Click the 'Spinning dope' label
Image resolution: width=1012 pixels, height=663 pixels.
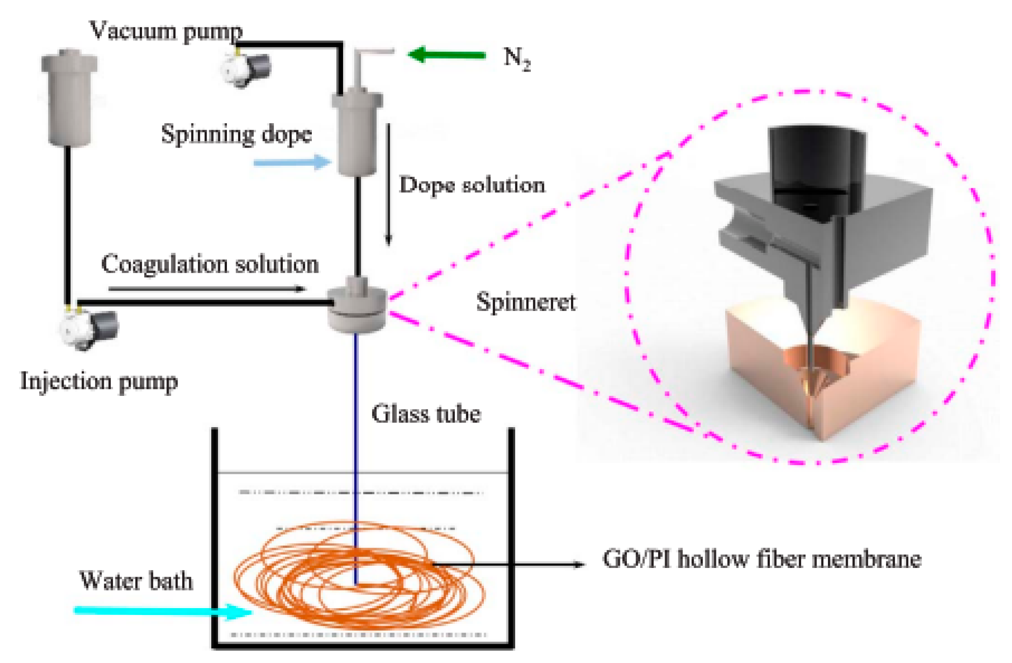click(x=236, y=135)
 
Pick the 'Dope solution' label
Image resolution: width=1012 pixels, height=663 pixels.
click(x=471, y=185)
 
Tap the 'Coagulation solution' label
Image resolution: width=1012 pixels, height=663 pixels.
click(x=210, y=264)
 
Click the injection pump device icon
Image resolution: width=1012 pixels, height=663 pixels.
click(x=89, y=329)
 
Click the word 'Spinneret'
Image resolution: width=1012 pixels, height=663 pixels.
click(x=526, y=302)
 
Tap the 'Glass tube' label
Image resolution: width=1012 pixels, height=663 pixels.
click(x=426, y=413)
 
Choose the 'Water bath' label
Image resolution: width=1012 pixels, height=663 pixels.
click(x=136, y=580)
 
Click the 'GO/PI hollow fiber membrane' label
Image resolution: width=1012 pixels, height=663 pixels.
click(x=762, y=559)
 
